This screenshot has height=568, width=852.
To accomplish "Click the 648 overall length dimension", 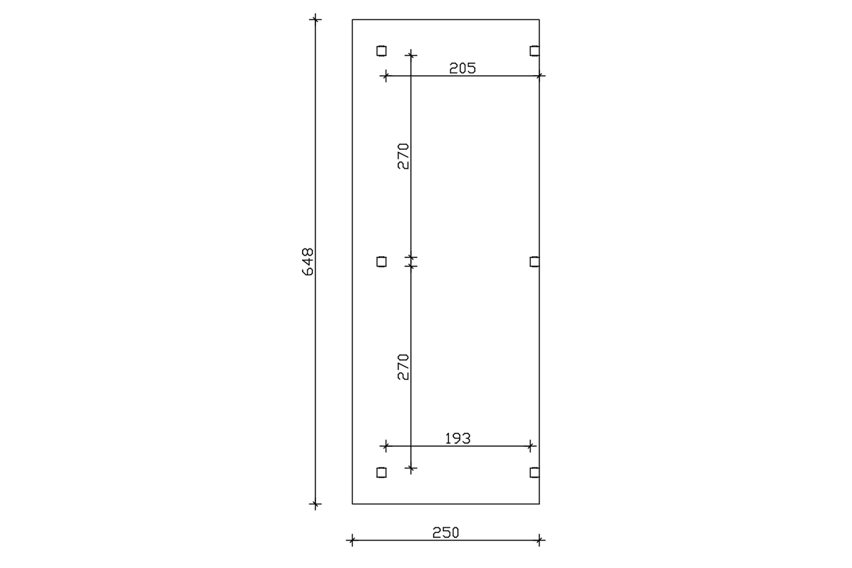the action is point(308,262).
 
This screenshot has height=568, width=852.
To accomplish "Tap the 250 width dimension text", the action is point(446,533).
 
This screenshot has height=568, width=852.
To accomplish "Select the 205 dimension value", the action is point(463,68).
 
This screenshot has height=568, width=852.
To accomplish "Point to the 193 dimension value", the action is point(458,438).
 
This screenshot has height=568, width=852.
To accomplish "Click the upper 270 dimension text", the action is point(403,156).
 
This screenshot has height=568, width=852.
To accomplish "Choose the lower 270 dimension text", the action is point(403,367).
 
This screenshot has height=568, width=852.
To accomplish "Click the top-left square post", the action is point(382,51).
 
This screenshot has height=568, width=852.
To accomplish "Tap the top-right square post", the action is point(535,51).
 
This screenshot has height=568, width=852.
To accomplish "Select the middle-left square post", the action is point(382,262).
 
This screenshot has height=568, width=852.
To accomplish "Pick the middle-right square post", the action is point(535,262).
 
